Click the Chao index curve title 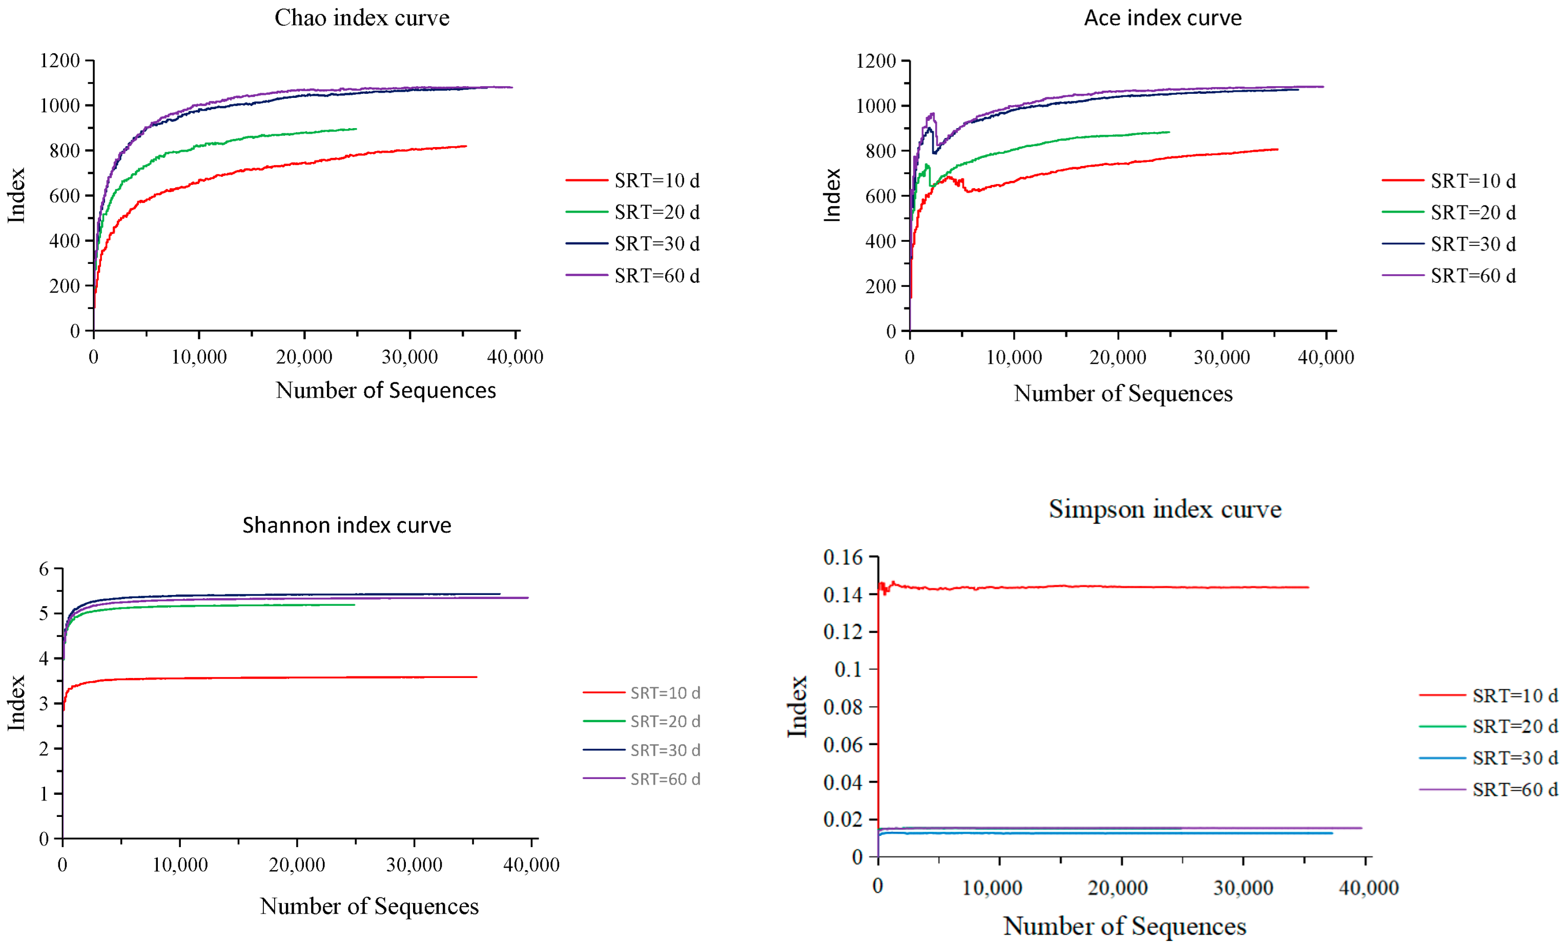click(362, 18)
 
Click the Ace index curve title click(1162, 18)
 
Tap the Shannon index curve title click(346, 525)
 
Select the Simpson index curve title click(1164, 509)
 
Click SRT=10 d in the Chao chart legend click(656, 180)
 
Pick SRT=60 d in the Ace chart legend click(1473, 276)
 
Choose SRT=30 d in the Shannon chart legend click(665, 750)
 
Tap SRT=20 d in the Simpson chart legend click(1515, 726)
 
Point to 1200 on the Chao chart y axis click(60, 60)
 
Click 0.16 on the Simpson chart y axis click(843, 558)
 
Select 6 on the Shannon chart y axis click(44, 569)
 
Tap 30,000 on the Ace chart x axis click(1222, 357)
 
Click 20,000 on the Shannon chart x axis click(297, 865)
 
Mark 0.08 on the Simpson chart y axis click(843, 707)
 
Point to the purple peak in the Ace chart click(932, 114)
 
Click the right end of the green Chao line click(356, 129)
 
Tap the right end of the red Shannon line click(476, 677)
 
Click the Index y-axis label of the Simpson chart click(797, 707)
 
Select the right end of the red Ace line click(1277, 149)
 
